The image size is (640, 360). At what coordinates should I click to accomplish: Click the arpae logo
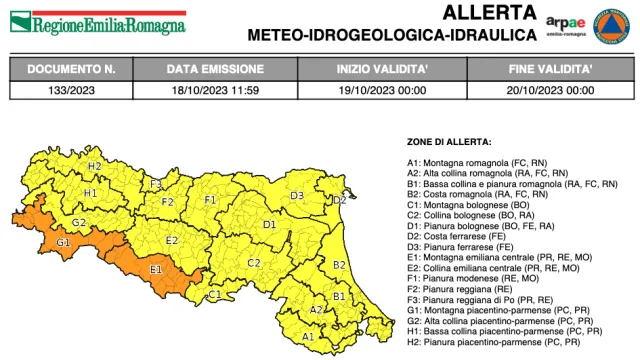566,24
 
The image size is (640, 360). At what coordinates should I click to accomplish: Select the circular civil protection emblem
609,23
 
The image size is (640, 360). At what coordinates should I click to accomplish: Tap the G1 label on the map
63,242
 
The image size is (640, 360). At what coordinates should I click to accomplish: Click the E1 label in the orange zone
156,269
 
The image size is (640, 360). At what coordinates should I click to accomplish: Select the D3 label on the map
297,195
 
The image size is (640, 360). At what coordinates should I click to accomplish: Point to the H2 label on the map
95,166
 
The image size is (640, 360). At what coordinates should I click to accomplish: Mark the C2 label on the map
254,263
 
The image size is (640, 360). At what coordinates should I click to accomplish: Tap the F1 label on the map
210,200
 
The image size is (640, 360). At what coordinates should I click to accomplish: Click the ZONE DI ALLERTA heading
449,143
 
